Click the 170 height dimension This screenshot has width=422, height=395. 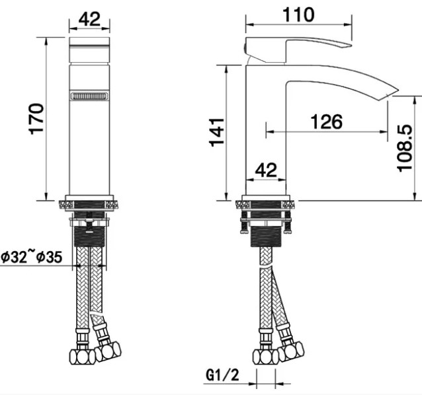click(36, 119)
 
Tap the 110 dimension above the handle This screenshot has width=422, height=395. click(298, 15)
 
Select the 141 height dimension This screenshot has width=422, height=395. click(217, 132)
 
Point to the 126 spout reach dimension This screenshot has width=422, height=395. click(327, 122)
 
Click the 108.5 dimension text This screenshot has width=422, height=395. click(405, 148)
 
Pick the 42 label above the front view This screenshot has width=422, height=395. click(89, 18)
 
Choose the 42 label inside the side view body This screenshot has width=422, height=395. click(266, 170)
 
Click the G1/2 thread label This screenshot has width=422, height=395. click(222, 375)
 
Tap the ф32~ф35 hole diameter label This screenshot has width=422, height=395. click(32, 257)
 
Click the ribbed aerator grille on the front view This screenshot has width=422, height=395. click(89, 96)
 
